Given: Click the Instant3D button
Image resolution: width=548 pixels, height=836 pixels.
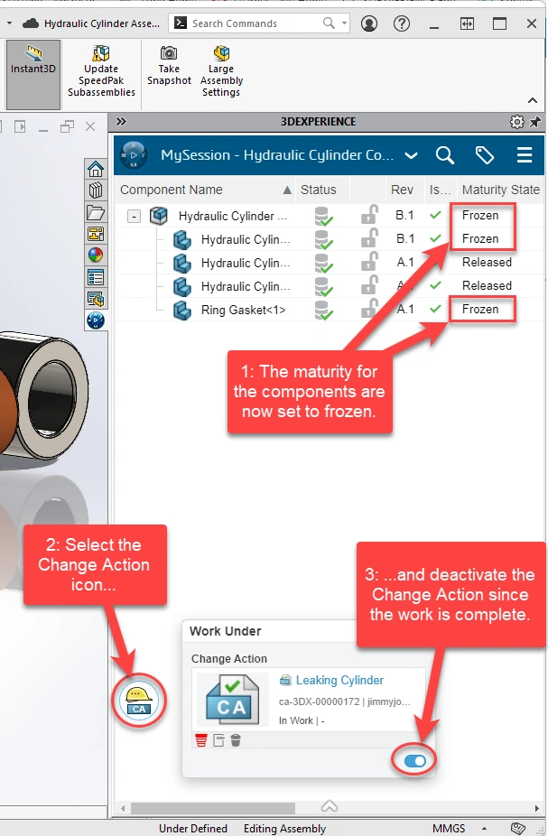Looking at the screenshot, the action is click(x=33, y=74).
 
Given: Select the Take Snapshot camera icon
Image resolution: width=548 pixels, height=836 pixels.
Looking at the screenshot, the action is click(x=169, y=52).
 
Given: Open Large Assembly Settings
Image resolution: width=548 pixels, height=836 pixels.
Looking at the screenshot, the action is click(x=221, y=71).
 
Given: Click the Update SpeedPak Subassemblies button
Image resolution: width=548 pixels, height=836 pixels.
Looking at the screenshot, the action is click(x=101, y=71).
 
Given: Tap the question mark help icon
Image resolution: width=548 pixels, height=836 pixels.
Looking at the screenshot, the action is click(x=402, y=23).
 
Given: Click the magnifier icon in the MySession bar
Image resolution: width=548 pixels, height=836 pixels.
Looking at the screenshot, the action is click(x=444, y=155).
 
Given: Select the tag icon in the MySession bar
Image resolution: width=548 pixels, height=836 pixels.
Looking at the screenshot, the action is click(x=484, y=155).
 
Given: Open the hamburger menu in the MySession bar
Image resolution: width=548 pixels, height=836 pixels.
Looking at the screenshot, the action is click(x=525, y=155).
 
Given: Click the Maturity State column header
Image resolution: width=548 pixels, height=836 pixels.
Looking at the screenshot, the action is click(x=500, y=190).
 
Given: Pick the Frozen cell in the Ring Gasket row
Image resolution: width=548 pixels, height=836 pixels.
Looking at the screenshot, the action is click(x=480, y=310).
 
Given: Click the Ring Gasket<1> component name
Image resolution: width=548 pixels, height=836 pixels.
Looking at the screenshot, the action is click(x=243, y=311).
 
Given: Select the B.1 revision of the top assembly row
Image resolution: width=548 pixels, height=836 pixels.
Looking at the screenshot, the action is click(x=404, y=216).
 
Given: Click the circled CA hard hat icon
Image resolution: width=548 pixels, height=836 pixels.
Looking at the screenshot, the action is click(x=139, y=700).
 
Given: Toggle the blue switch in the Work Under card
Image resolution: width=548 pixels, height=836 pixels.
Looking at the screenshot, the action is click(x=414, y=761).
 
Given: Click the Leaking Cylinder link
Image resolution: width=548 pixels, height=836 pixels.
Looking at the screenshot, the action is click(x=339, y=681).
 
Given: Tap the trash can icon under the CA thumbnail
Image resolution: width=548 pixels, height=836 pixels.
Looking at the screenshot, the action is click(x=236, y=740).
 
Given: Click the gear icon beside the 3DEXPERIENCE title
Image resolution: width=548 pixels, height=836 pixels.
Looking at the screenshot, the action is click(x=516, y=122).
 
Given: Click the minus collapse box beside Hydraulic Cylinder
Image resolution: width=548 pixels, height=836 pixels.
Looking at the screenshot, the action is click(x=134, y=217).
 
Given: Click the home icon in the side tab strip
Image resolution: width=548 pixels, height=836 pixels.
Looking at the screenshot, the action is click(x=96, y=169).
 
